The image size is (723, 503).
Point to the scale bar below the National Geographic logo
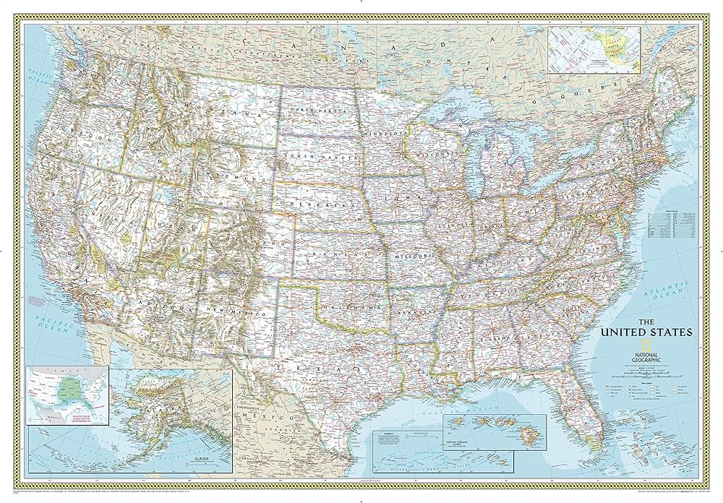643,374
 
